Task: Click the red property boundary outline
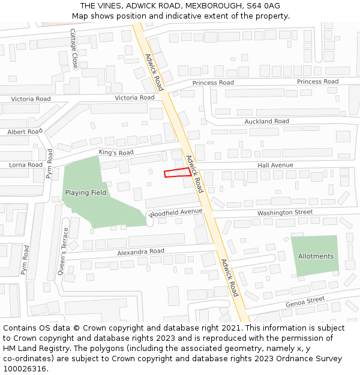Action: coord(178,173)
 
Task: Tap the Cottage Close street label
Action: coord(73,49)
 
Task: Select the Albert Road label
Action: coord(25,131)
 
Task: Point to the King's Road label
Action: coord(116,153)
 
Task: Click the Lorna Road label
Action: coord(25,164)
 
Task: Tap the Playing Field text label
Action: coord(86,193)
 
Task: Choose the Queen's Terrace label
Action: coord(62,253)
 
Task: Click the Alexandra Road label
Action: coord(140,251)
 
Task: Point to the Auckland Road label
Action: coord(266,121)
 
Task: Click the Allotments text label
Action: coord(316,256)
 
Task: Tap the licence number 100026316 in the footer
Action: coord(25,369)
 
